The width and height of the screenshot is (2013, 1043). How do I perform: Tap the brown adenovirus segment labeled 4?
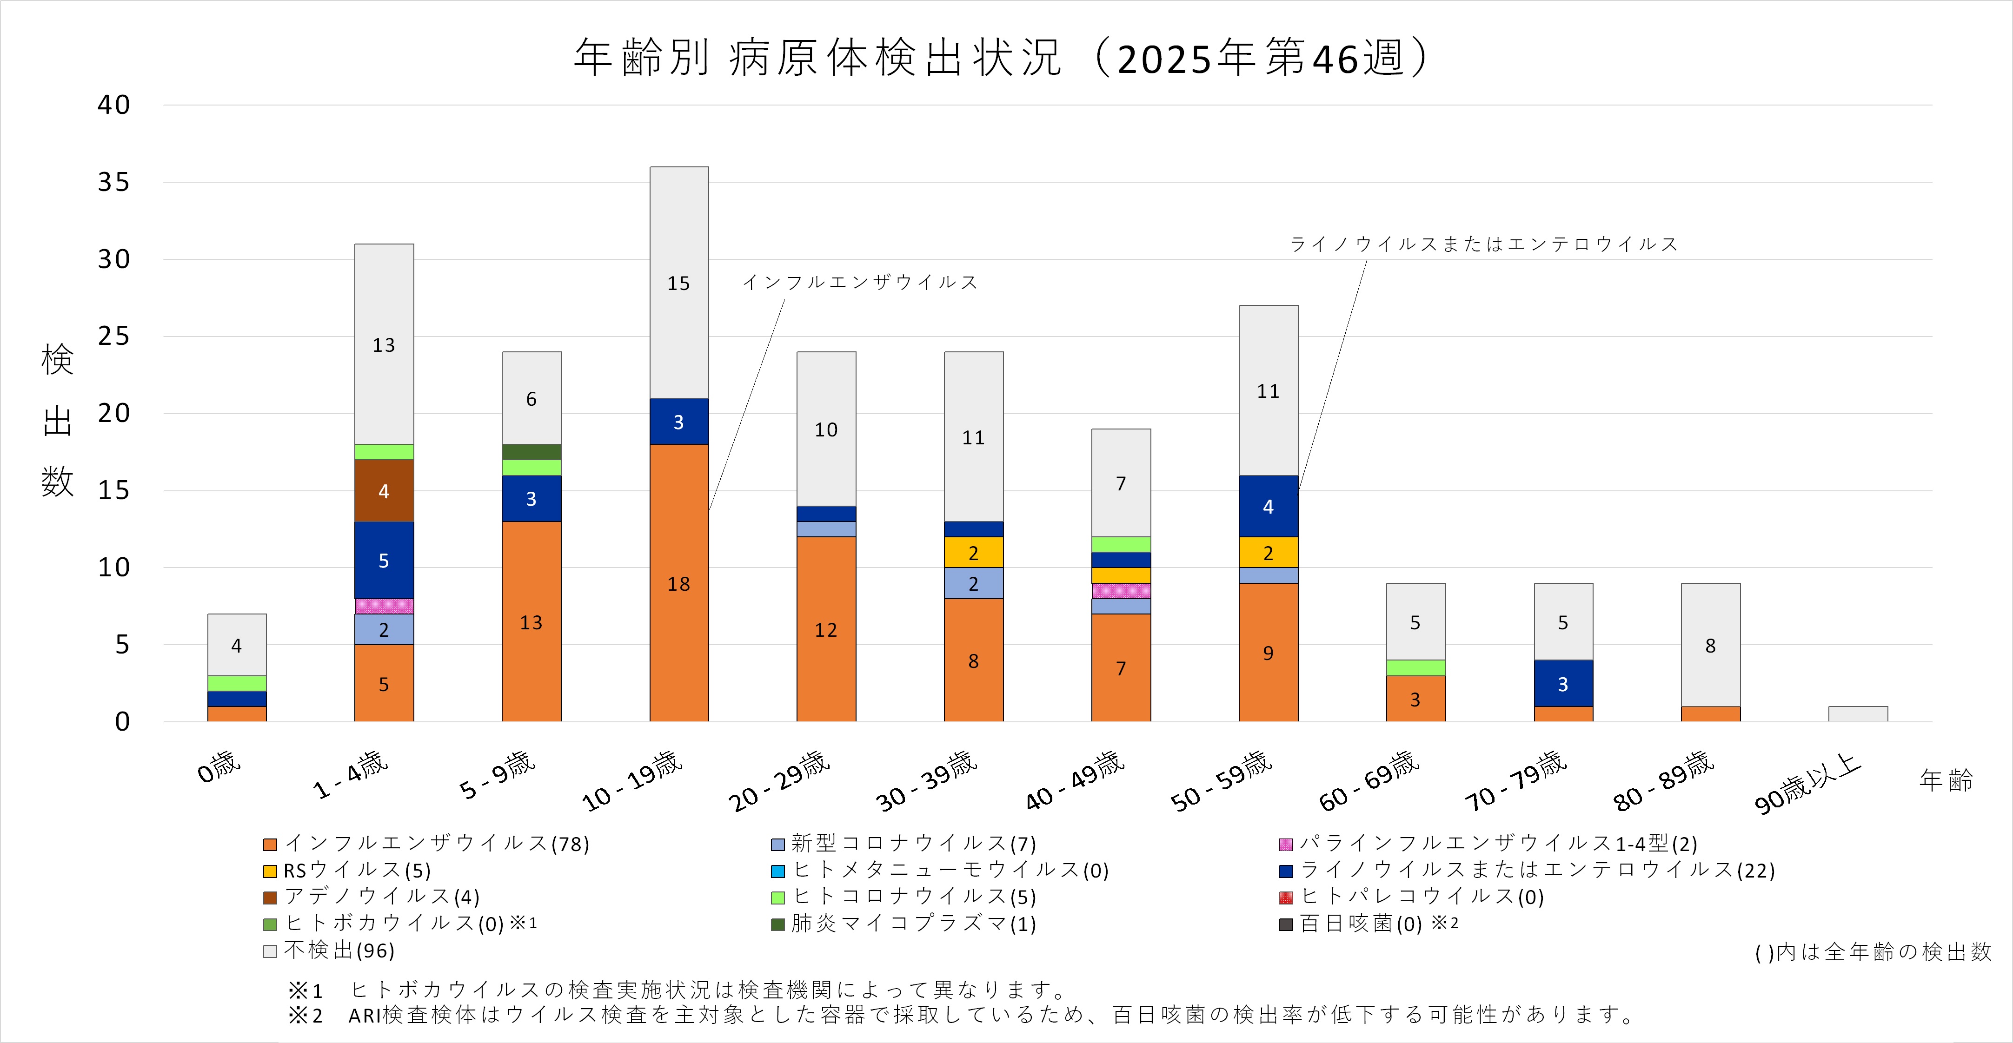(x=384, y=491)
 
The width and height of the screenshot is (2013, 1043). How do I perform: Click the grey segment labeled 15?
(x=678, y=283)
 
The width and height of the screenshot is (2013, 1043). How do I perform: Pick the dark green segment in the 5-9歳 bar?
(x=531, y=452)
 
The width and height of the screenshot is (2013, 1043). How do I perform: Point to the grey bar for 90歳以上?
(x=1858, y=714)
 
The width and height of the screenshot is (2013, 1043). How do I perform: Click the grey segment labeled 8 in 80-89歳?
(x=1710, y=645)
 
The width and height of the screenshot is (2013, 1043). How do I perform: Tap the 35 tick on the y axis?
(x=114, y=182)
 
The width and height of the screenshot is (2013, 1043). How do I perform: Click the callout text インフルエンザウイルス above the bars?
(x=860, y=282)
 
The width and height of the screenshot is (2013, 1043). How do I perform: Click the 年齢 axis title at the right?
(x=1945, y=780)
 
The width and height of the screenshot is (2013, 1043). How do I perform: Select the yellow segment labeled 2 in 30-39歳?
(x=973, y=552)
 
